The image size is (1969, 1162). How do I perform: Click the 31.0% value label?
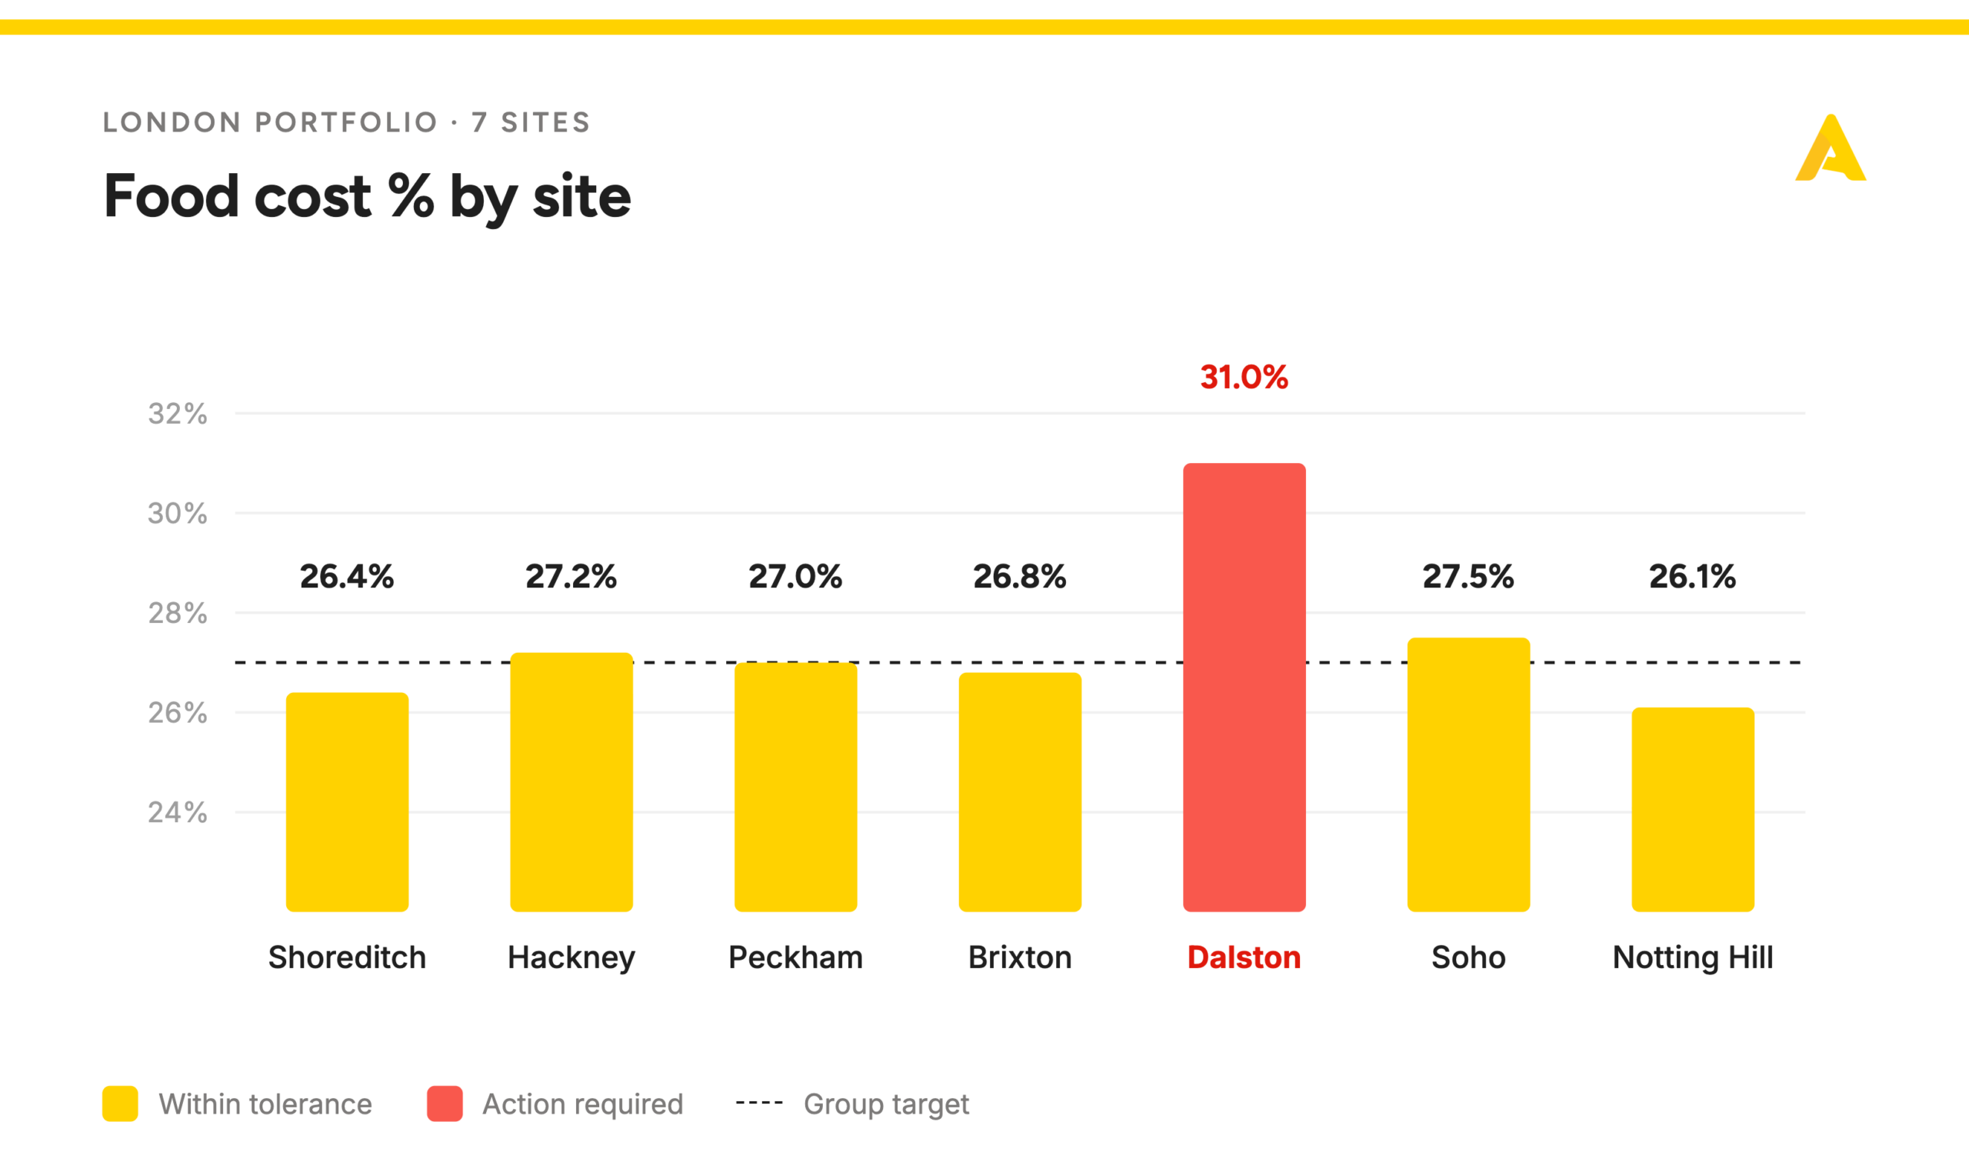[x=1244, y=377]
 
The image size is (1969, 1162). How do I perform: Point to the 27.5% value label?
[x=1468, y=576]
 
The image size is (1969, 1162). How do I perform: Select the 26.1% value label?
[x=1693, y=576]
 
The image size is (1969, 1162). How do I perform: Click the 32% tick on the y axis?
[x=178, y=414]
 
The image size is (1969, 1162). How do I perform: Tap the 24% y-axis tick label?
[x=178, y=812]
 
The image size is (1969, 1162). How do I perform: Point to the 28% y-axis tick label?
[x=178, y=613]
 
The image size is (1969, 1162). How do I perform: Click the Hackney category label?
[x=571, y=957]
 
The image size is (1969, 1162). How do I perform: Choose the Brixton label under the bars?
[x=1019, y=957]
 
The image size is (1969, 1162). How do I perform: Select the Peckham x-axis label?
[x=795, y=957]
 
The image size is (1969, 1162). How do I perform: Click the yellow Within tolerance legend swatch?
[x=120, y=1104]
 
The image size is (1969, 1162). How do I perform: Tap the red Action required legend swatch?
[x=445, y=1104]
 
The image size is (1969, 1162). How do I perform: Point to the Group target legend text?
[x=886, y=1104]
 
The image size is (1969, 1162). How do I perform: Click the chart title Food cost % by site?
[x=367, y=196]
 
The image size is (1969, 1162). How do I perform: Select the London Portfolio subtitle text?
[x=347, y=122]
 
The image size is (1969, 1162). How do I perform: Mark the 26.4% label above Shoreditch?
[x=347, y=576]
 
